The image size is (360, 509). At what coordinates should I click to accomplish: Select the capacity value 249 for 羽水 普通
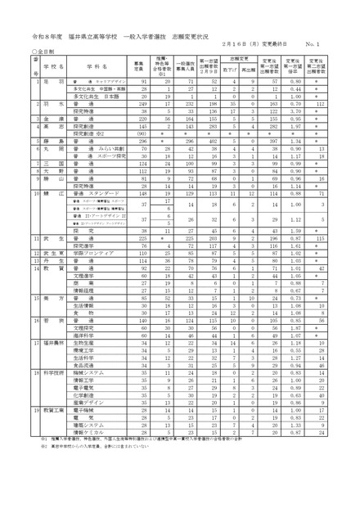click(x=145, y=106)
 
